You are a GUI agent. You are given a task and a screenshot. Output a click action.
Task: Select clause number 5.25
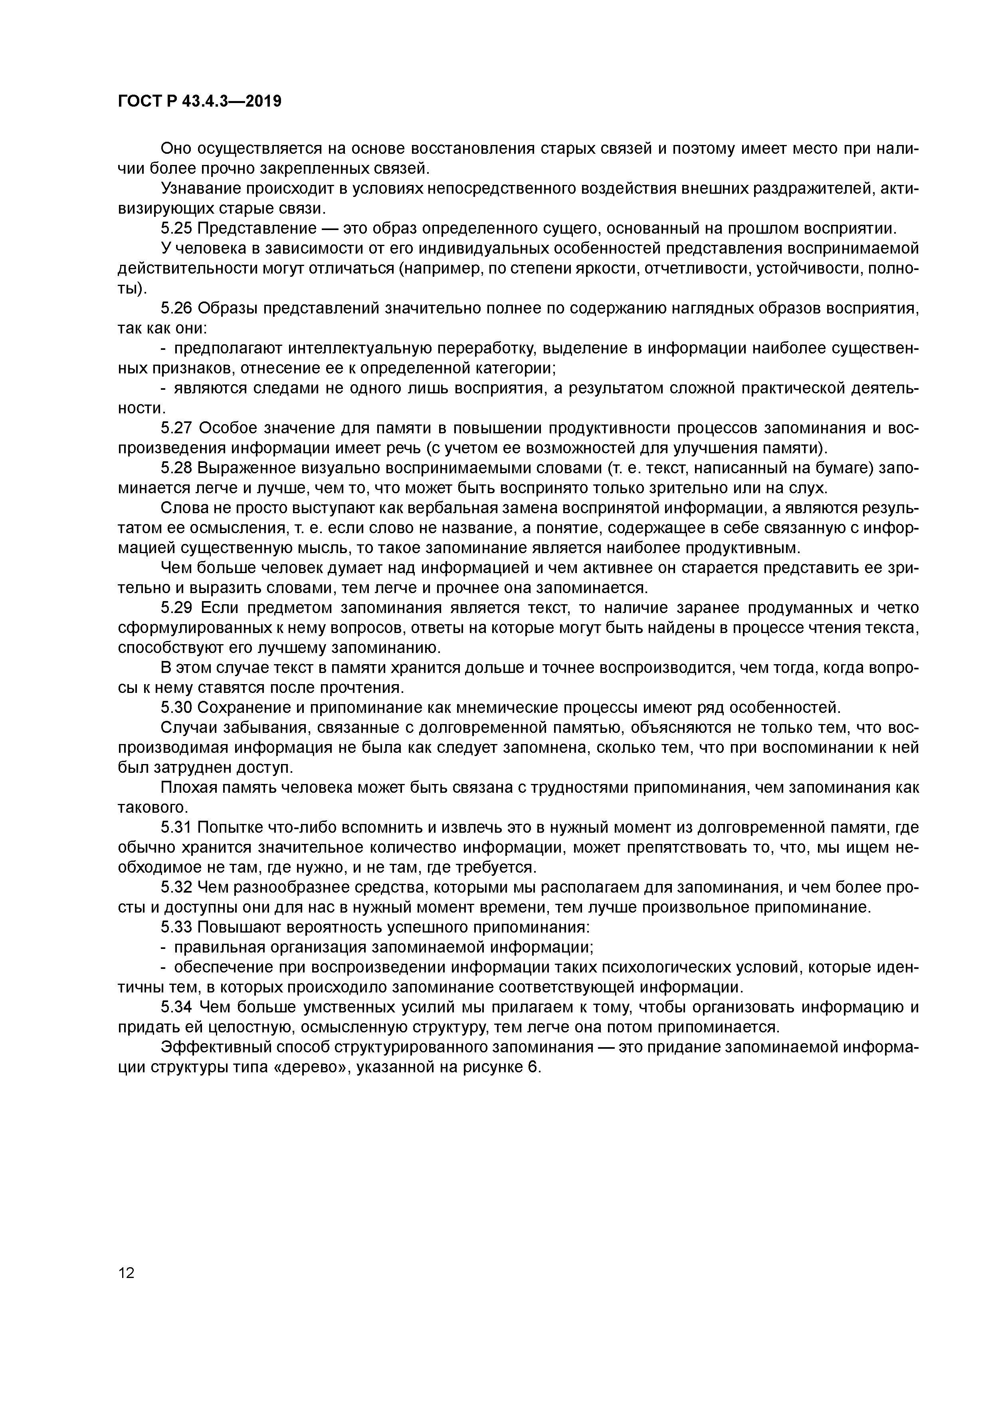pyautogui.click(x=176, y=229)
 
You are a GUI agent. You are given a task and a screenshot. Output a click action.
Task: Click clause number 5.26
pyautogui.click(x=176, y=308)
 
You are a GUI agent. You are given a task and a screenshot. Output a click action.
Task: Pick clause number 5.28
pyautogui.click(x=176, y=468)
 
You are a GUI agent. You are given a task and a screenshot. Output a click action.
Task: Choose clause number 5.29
pyautogui.click(x=176, y=608)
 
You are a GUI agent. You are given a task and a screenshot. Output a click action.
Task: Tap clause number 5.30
pyautogui.click(x=176, y=708)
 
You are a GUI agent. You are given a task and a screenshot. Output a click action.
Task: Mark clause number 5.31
pyautogui.click(x=176, y=828)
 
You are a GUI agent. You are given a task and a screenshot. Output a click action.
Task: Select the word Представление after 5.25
pyautogui.click(x=257, y=229)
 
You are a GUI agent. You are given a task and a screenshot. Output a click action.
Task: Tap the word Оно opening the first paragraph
pyautogui.click(x=174, y=149)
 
